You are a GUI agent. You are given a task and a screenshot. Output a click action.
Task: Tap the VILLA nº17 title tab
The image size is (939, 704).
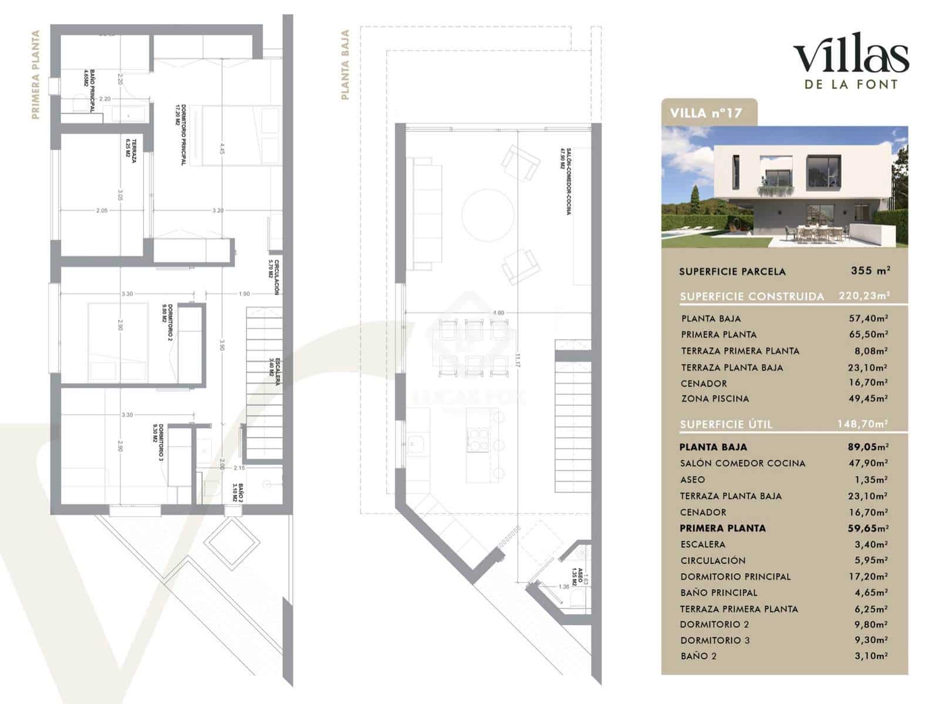pyautogui.click(x=706, y=113)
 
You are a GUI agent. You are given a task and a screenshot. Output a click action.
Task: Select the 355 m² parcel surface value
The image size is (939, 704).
pyautogui.click(x=870, y=271)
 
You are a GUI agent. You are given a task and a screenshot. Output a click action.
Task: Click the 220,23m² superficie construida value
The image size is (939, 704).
pyautogui.click(x=864, y=296)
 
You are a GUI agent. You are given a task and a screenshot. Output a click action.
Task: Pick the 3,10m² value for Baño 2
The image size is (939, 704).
pyautogui.click(x=871, y=656)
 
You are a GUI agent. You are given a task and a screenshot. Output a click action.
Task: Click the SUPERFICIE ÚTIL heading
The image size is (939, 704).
pyautogui.click(x=726, y=424)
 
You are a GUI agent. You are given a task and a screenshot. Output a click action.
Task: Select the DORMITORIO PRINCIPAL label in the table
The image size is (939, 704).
pyautogui.click(x=735, y=577)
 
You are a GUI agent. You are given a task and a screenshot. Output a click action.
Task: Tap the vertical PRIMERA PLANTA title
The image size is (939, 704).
pyautogui.click(x=35, y=75)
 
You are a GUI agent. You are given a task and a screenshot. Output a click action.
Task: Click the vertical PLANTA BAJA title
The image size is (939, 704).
pyautogui.click(x=345, y=65)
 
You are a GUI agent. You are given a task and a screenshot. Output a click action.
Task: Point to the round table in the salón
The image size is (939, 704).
pyautogui.click(x=488, y=214)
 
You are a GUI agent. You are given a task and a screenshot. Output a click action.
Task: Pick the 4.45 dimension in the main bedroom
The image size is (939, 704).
pyautogui.click(x=222, y=148)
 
